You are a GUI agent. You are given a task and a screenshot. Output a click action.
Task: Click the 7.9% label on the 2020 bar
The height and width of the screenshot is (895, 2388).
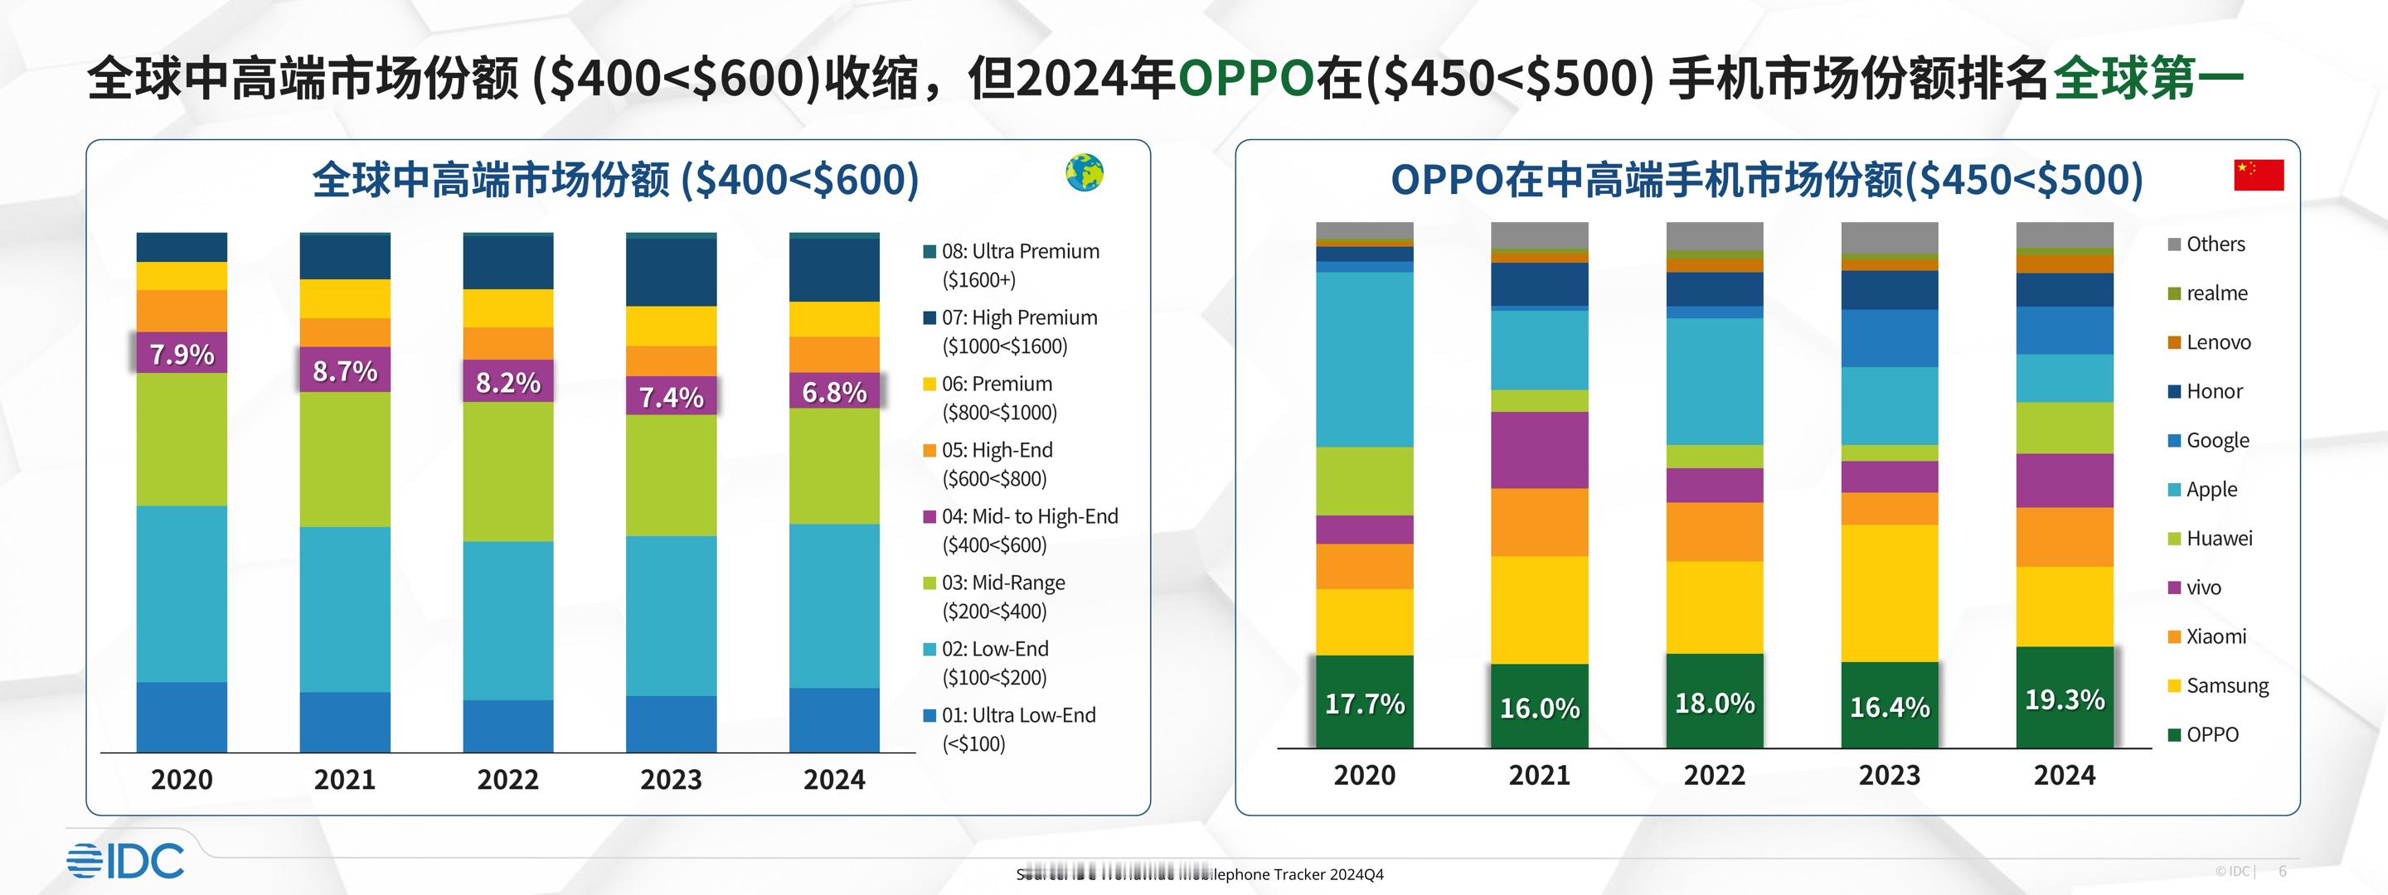coord(182,354)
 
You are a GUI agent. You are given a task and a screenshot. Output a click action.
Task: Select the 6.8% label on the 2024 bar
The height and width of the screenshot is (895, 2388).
coord(834,392)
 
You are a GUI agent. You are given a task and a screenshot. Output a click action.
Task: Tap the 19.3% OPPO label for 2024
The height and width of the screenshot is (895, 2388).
coord(2065,699)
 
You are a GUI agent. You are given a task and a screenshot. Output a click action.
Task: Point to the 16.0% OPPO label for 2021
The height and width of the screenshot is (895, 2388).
coord(1539,708)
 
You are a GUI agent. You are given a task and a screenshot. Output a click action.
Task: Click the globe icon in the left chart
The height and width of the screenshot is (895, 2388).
coord(1084,173)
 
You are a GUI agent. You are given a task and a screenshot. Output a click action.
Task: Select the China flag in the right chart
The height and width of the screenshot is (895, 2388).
coord(2258,174)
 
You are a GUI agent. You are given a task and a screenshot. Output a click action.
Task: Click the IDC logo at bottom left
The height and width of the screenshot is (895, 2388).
coord(125,861)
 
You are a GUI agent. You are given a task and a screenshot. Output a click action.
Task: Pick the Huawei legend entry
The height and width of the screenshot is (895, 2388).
coord(2217,539)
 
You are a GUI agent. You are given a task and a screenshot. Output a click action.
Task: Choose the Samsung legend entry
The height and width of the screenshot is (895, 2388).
coord(2225,685)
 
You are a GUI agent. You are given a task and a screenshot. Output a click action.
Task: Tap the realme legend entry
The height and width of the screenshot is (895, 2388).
coord(2216,293)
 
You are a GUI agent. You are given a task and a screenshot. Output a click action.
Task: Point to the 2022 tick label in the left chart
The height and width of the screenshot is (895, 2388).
coord(508,779)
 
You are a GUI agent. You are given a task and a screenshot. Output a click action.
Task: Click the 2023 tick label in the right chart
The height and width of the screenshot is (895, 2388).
coord(1890,775)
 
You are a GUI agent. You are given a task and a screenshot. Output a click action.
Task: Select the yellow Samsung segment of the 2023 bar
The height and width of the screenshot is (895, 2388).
coord(1890,593)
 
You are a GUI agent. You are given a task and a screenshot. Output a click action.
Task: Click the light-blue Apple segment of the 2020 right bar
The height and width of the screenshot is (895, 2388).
coord(1365,359)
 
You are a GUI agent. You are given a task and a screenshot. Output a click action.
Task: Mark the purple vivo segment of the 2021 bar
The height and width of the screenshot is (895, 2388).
coord(1539,449)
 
